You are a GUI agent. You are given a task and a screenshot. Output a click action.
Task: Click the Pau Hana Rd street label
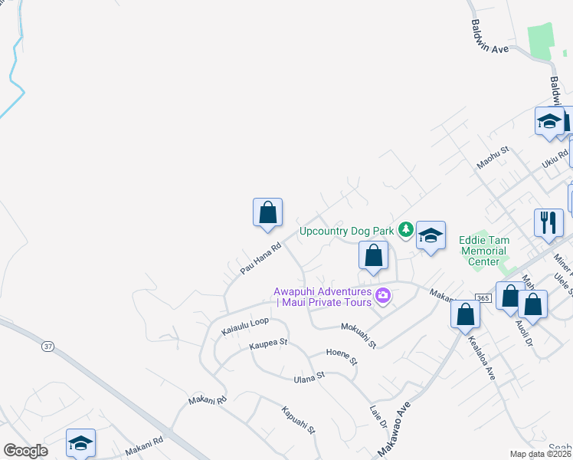pyautogui.click(x=261, y=258)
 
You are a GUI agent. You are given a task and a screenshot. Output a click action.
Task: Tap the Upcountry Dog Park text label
pyautogui.click(x=346, y=230)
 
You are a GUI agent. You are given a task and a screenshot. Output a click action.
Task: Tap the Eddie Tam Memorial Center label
pyautogui.click(x=483, y=251)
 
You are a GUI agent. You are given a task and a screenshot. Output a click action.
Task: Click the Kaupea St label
pyautogui.click(x=268, y=344)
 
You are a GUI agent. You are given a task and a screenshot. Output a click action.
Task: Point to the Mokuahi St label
pyautogui.click(x=359, y=334)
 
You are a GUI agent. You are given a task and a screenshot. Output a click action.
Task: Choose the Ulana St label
pyautogui.click(x=309, y=376)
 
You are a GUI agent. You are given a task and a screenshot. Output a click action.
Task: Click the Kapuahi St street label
pyautogui.click(x=299, y=419)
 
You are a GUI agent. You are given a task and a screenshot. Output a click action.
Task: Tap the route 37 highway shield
pyautogui.click(x=48, y=347)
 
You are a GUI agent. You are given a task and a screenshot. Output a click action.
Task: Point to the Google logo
pyautogui.click(x=25, y=451)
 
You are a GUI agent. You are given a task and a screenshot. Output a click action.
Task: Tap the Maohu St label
pyautogui.click(x=493, y=161)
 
